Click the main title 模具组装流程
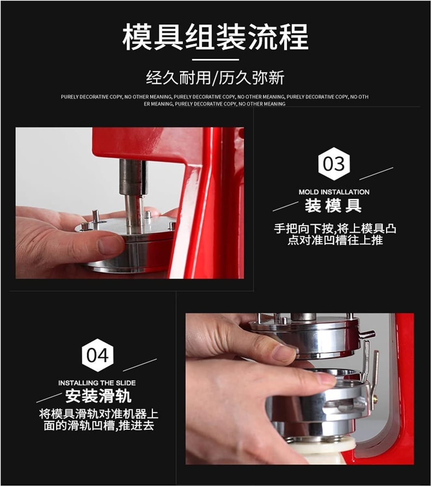[215, 37]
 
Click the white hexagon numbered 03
[334, 164]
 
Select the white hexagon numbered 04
[97, 355]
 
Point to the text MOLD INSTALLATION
[334, 192]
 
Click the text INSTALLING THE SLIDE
[97, 383]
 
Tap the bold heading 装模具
[333, 206]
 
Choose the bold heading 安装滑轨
[98, 396]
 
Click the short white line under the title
[216, 60]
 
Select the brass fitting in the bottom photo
[375, 399]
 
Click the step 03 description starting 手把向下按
[335, 234]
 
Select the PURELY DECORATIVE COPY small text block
[215, 100]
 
